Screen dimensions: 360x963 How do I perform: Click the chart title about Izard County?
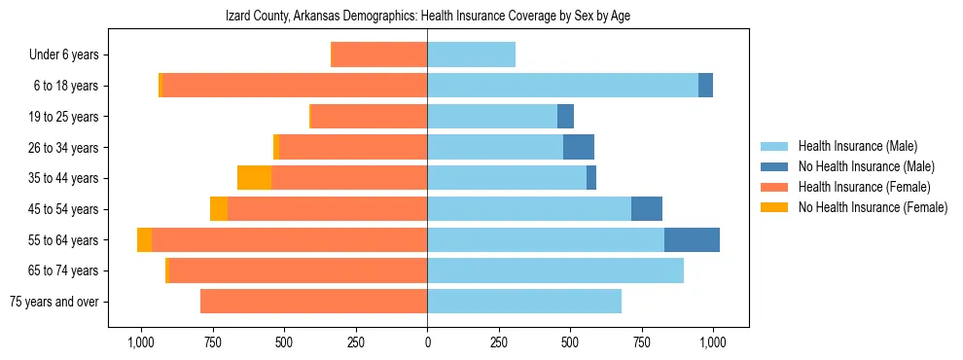tap(429, 17)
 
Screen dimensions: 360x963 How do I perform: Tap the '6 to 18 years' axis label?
tap(67, 86)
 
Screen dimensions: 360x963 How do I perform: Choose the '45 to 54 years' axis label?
tap(64, 209)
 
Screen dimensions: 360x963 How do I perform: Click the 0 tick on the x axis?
tap(427, 342)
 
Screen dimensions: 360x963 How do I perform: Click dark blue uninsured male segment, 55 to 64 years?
tap(692, 239)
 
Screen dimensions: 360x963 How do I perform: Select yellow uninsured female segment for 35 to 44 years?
tap(254, 178)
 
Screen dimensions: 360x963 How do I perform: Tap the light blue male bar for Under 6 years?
tap(471, 55)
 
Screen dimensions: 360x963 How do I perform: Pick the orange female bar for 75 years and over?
tap(313, 302)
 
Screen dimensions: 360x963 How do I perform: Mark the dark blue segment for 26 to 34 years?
tap(578, 147)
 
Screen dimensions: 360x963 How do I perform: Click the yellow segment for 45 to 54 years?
tap(219, 209)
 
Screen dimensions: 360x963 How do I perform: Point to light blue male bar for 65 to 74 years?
tap(555, 270)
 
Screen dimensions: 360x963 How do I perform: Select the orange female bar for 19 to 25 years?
tap(369, 117)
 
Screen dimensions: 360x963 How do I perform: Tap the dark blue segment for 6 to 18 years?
tap(705, 86)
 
